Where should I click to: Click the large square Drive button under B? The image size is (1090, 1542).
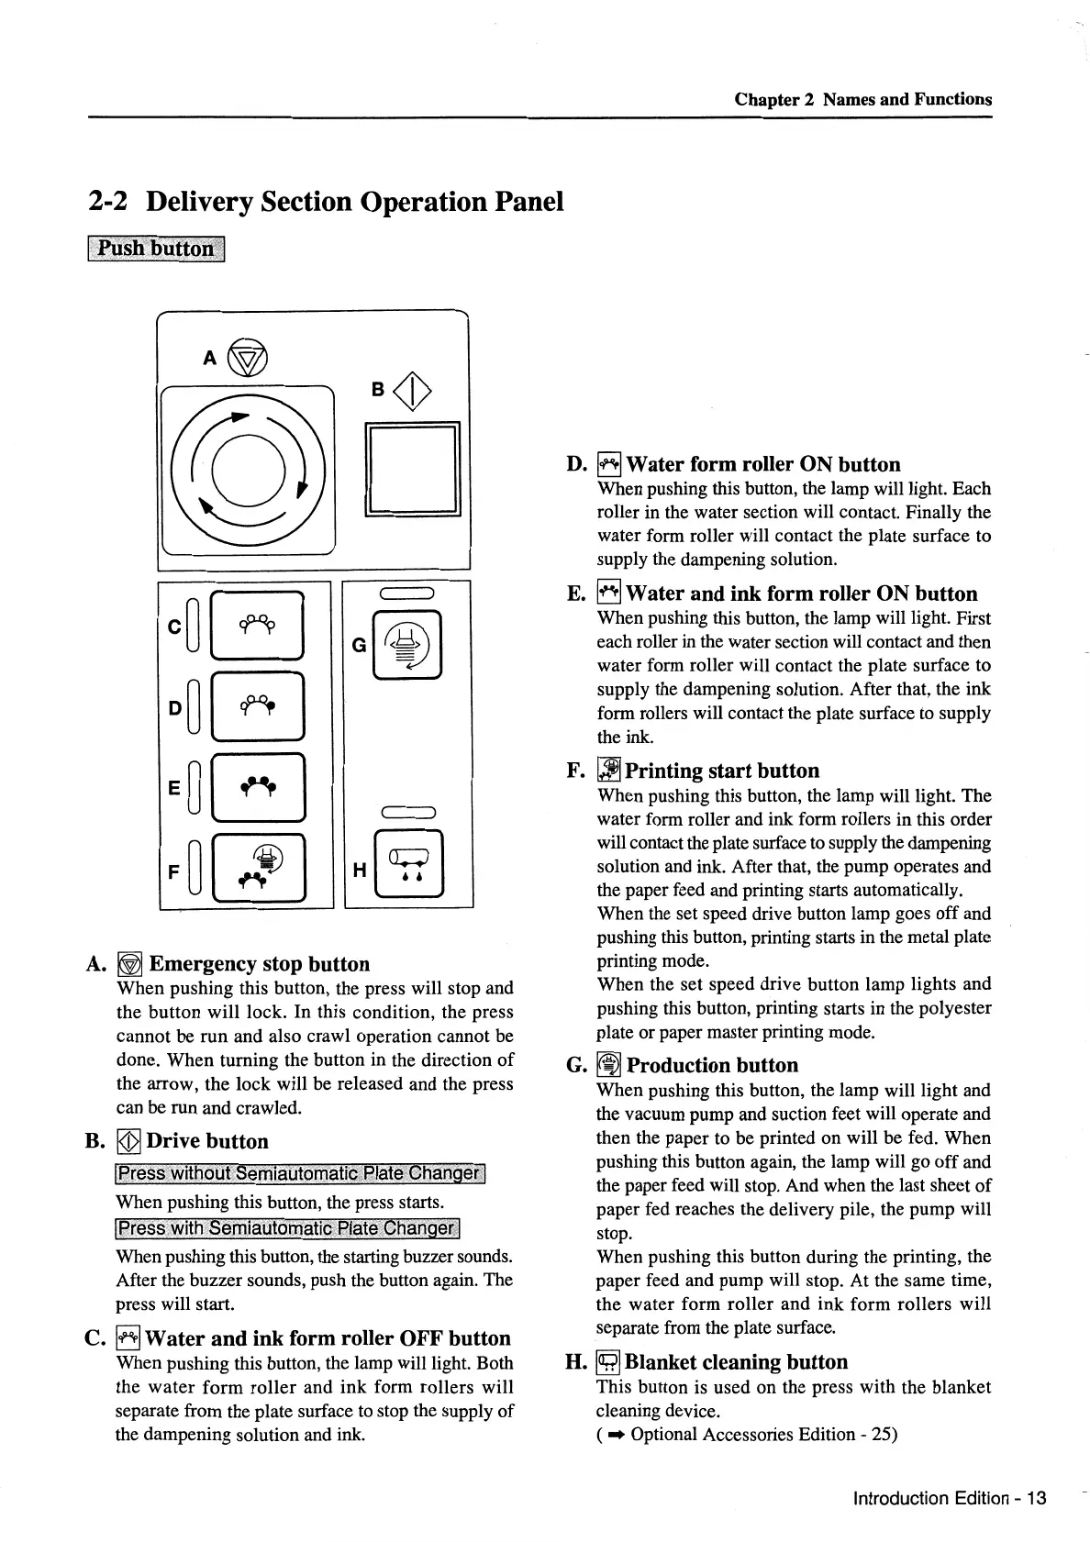click(x=412, y=470)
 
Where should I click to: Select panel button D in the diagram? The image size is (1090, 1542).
click(x=257, y=706)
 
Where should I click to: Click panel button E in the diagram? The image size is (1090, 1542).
click(x=257, y=786)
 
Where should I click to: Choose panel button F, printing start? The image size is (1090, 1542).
click(x=258, y=867)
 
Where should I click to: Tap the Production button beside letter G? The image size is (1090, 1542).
click(x=406, y=644)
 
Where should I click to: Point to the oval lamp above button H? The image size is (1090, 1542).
click(x=407, y=811)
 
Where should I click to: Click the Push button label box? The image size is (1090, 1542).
click(x=157, y=249)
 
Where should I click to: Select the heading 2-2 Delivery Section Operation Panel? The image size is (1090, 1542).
click(x=326, y=201)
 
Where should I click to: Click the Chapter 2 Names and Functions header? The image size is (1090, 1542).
click(x=862, y=99)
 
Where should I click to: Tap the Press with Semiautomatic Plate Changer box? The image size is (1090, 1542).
click(x=287, y=1229)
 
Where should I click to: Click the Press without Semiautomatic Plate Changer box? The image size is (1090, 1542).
click(x=300, y=1174)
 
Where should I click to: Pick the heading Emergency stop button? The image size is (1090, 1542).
click(x=260, y=964)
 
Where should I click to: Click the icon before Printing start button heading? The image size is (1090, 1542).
click(x=609, y=771)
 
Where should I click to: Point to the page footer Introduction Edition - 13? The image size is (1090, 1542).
click(x=949, y=1499)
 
